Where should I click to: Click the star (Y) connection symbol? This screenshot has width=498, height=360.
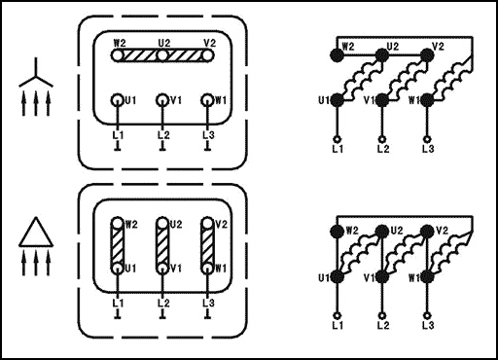click(36, 77)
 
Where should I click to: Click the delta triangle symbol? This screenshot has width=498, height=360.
click(36, 233)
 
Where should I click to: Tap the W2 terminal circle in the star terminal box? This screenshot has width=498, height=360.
click(118, 55)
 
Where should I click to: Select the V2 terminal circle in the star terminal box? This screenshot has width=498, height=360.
click(207, 55)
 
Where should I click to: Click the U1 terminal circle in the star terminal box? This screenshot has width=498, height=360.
click(118, 100)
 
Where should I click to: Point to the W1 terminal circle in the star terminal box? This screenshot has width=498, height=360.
click(207, 100)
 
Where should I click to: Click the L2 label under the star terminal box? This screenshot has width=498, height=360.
click(163, 135)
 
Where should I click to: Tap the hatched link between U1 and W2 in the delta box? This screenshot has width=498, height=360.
click(118, 246)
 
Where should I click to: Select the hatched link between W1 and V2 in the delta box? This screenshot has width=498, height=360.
click(207, 246)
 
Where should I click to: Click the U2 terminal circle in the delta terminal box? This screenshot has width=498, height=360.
click(162, 224)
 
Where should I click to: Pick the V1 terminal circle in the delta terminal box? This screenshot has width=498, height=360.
click(162, 269)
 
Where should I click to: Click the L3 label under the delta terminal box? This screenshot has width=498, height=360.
click(208, 304)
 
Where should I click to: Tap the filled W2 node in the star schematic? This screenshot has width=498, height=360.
click(338, 55)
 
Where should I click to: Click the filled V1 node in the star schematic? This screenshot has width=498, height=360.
click(382, 100)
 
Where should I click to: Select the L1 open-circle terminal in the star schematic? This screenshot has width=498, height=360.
click(338, 139)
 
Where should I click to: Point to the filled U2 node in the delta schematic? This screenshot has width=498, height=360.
click(382, 232)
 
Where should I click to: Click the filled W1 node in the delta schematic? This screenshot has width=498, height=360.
click(427, 276)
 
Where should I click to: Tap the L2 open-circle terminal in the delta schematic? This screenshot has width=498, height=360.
click(382, 315)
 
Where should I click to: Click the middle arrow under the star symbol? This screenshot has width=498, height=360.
click(36, 103)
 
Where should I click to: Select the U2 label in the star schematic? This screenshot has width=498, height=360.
click(392, 47)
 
